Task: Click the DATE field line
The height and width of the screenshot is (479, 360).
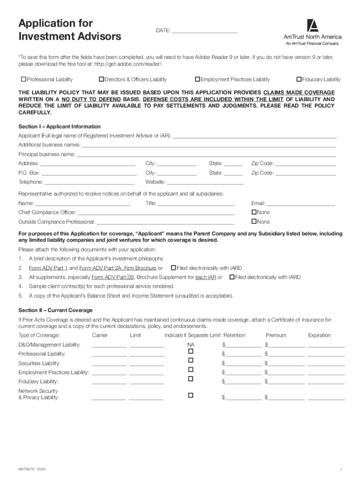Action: coord(204,32)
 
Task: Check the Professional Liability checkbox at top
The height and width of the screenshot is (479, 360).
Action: coord(23,79)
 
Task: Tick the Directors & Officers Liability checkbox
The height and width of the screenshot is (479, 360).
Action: coord(101,79)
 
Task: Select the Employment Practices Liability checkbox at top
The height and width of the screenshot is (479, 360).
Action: coord(197,79)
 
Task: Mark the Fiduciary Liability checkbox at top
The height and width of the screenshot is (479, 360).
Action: coord(299,79)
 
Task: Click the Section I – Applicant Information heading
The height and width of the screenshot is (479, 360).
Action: coord(59,127)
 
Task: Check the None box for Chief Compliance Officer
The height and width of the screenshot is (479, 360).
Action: coord(254,212)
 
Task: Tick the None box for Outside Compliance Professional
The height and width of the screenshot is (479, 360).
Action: coord(254,221)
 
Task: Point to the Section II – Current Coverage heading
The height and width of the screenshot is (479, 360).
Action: coord(55,310)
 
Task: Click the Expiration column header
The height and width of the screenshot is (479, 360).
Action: coord(319,335)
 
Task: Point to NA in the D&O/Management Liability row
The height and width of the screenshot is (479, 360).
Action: coord(190,345)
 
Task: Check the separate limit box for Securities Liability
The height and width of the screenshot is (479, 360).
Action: coord(190,360)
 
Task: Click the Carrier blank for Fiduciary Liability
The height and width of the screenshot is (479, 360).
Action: coord(109,383)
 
